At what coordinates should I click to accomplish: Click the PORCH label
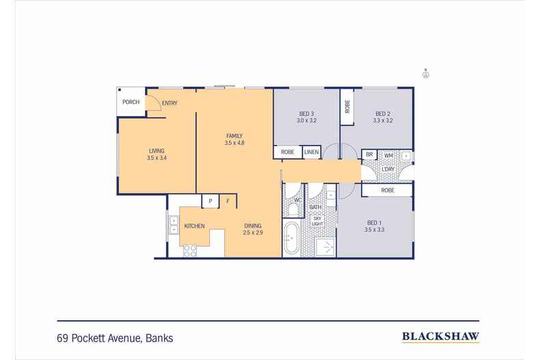[x=131, y=102]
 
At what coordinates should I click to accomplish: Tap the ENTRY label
[x=170, y=103]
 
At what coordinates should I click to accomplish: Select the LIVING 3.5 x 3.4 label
[x=157, y=154]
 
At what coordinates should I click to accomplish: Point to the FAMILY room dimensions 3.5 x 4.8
[x=234, y=143]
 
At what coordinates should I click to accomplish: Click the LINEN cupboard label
[x=312, y=152]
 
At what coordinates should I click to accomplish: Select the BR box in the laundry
[x=369, y=156]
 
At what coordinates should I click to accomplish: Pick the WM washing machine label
[x=388, y=156]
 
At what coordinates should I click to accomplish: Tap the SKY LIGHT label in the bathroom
[x=316, y=221]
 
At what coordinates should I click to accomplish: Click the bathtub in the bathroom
[x=292, y=238]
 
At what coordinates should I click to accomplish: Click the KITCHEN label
[x=194, y=225]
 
